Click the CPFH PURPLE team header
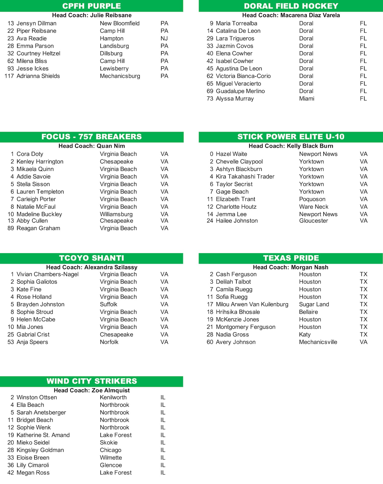tap(91, 6)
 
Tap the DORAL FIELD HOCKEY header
tap(291, 6)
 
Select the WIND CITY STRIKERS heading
tap(92, 381)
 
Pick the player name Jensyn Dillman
tap(37, 23)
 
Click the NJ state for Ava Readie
tap(164, 38)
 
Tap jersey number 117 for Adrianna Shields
tap(9, 76)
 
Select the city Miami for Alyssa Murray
tap(307, 99)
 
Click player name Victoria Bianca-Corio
tap(243, 76)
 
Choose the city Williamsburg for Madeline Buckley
tap(116, 214)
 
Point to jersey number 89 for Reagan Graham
tap(11, 228)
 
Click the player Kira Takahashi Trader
tap(245, 176)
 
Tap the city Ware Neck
tap(314, 207)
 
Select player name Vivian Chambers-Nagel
tap(47, 274)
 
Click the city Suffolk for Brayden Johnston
tap(109, 304)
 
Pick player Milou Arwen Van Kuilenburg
tap(252, 304)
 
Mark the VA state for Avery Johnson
tap(363, 342)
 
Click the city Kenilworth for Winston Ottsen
tap(113, 397)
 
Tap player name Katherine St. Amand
tap(43, 435)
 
